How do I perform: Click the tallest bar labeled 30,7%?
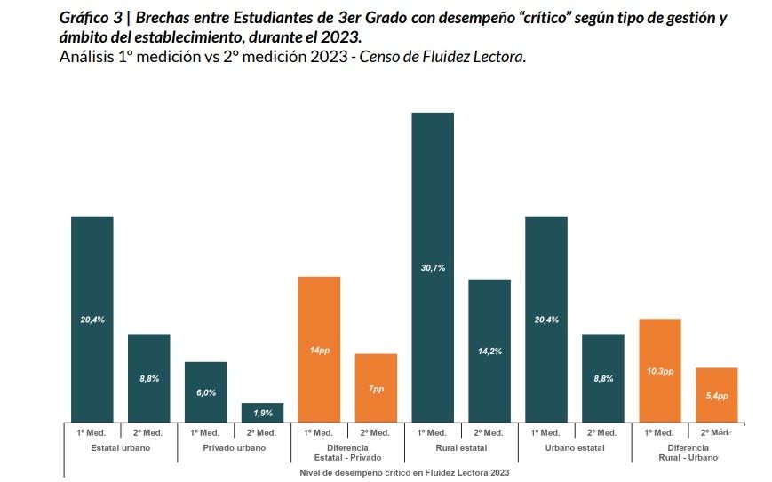pyautogui.click(x=433, y=266)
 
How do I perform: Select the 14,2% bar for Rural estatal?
pyautogui.click(x=489, y=351)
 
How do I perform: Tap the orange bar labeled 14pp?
pyautogui.click(x=319, y=350)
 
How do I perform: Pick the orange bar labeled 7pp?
pyautogui.click(x=376, y=388)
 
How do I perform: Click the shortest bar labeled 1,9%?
pyautogui.click(x=262, y=413)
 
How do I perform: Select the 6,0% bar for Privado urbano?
pyautogui.click(x=205, y=391)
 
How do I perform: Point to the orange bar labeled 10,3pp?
pyautogui.click(x=660, y=370)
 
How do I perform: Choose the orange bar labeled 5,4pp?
pyautogui.click(x=717, y=395)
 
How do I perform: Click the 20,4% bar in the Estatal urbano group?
pyautogui.click(x=92, y=319)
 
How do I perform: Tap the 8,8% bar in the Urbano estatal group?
pyautogui.click(x=603, y=378)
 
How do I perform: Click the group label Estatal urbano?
pyautogui.click(x=121, y=448)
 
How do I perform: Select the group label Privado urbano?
pyautogui.click(x=234, y=448)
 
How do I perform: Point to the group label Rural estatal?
pyautogui.click(x=461, y=448)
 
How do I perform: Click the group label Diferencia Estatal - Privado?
pyautogui.click(x=347, y=453)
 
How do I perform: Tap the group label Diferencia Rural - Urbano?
pyautogui.click(x=688, y=453)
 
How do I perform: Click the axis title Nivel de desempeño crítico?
pyautogui.click(x=405, y=473)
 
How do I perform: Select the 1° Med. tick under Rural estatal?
pyautogui.click(x=433, y=432)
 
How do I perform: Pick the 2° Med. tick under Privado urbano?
pyautogui.click(x=262, y=432)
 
